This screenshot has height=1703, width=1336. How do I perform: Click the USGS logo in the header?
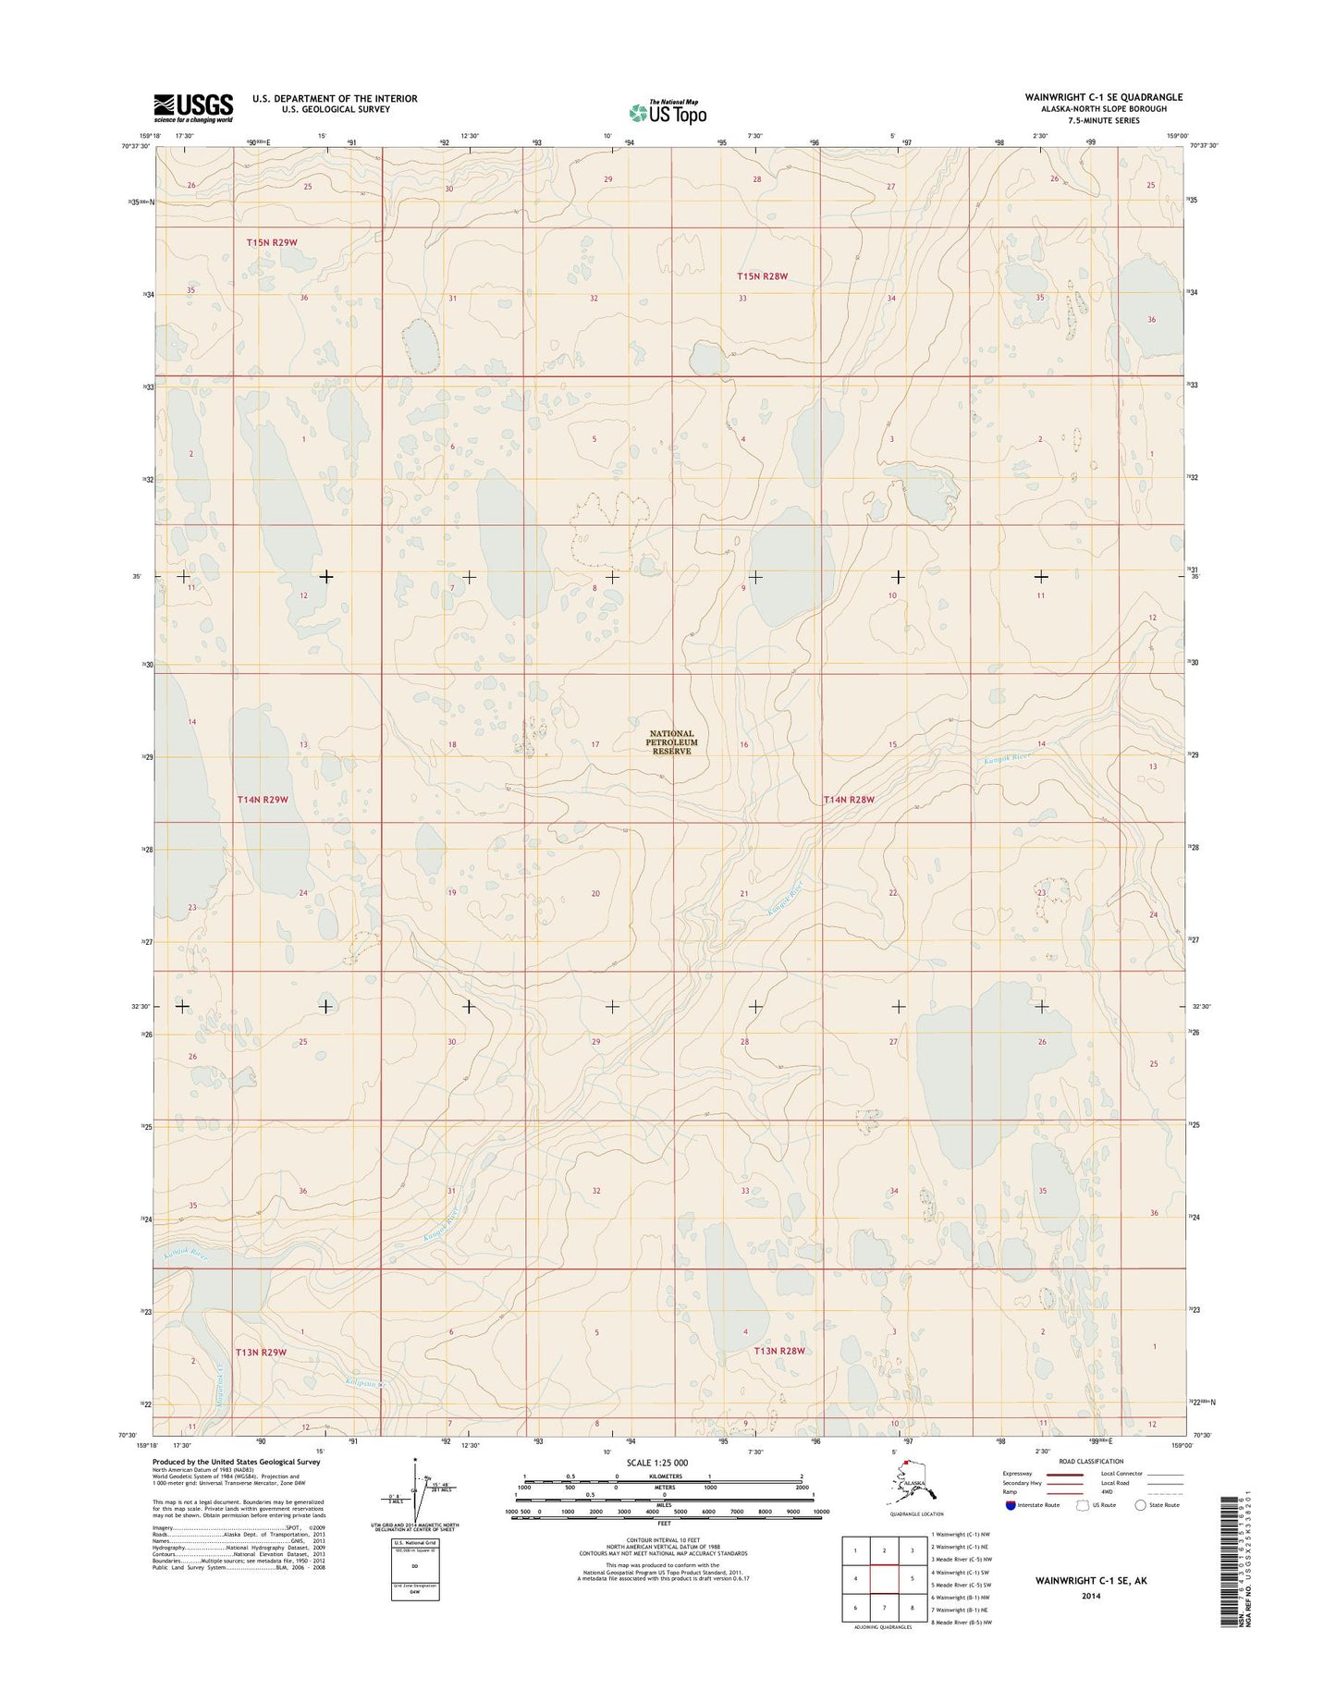click(x=193, y=107)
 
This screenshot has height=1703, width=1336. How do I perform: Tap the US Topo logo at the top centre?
click(x=668, y=112)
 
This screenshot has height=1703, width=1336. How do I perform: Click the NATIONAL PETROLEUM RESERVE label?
click(x=672, y=742)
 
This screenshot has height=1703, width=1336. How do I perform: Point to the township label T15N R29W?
click(x=273, y=242)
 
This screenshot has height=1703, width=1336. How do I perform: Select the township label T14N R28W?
click(x=849, y=800)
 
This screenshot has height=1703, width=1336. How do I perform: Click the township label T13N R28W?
click(x=780, y=1351)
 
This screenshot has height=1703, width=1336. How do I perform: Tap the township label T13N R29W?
click(x=261, y=1352)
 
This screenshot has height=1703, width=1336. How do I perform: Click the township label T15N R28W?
click(x=763, y=276)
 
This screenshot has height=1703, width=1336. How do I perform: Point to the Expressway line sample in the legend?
click(x=1062, y=1475)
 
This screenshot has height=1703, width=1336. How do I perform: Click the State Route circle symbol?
click(x=1140, y=1505)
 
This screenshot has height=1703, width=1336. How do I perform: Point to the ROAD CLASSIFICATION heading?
click(x=1080, y=1462)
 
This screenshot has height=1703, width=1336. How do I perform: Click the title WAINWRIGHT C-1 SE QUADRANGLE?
click(x=1103, y=97)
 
